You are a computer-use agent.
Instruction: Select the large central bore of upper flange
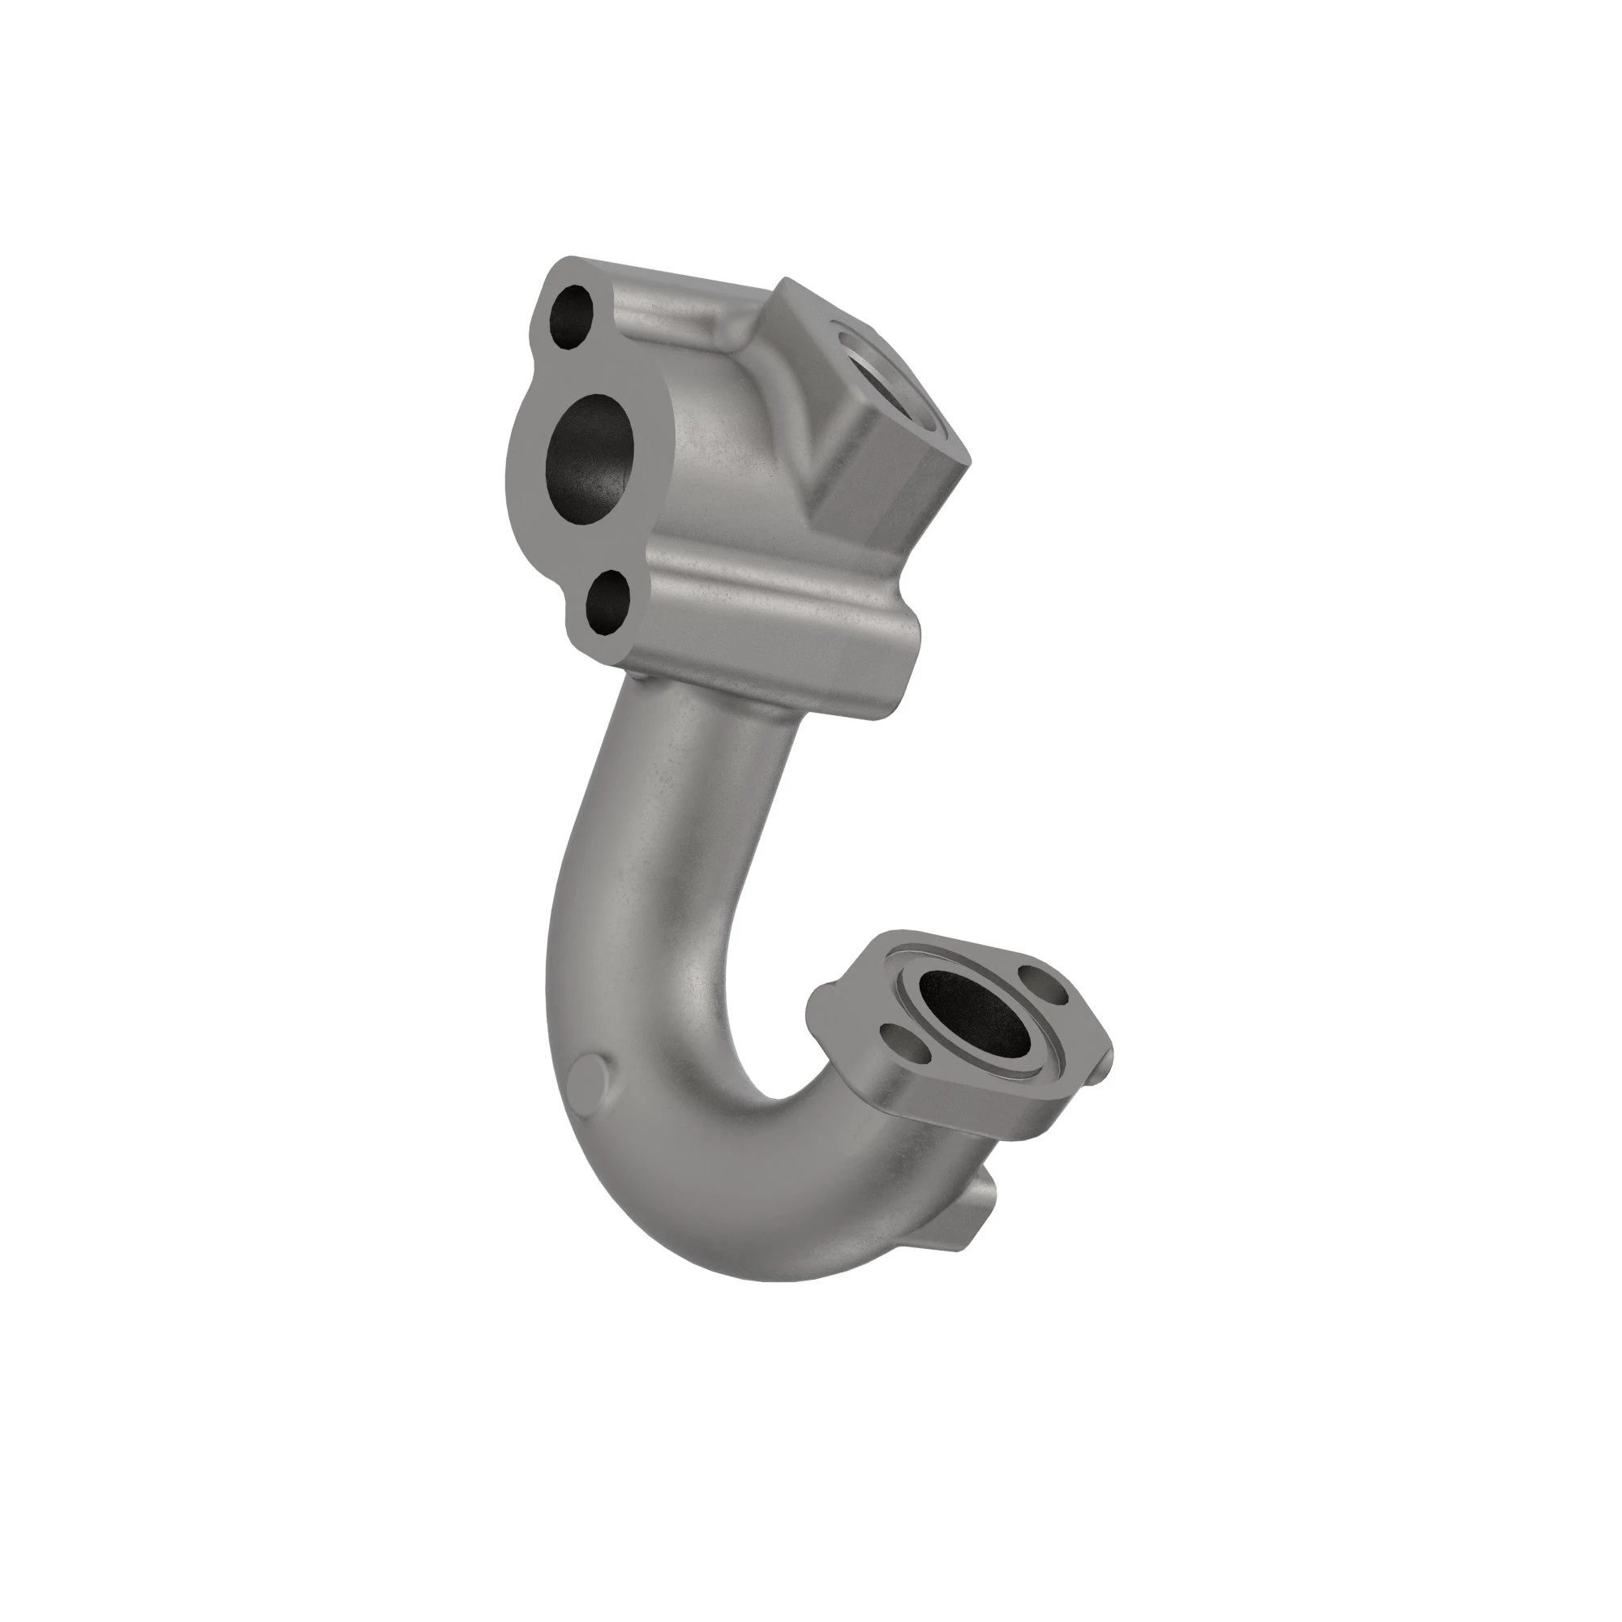point(590,460)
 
